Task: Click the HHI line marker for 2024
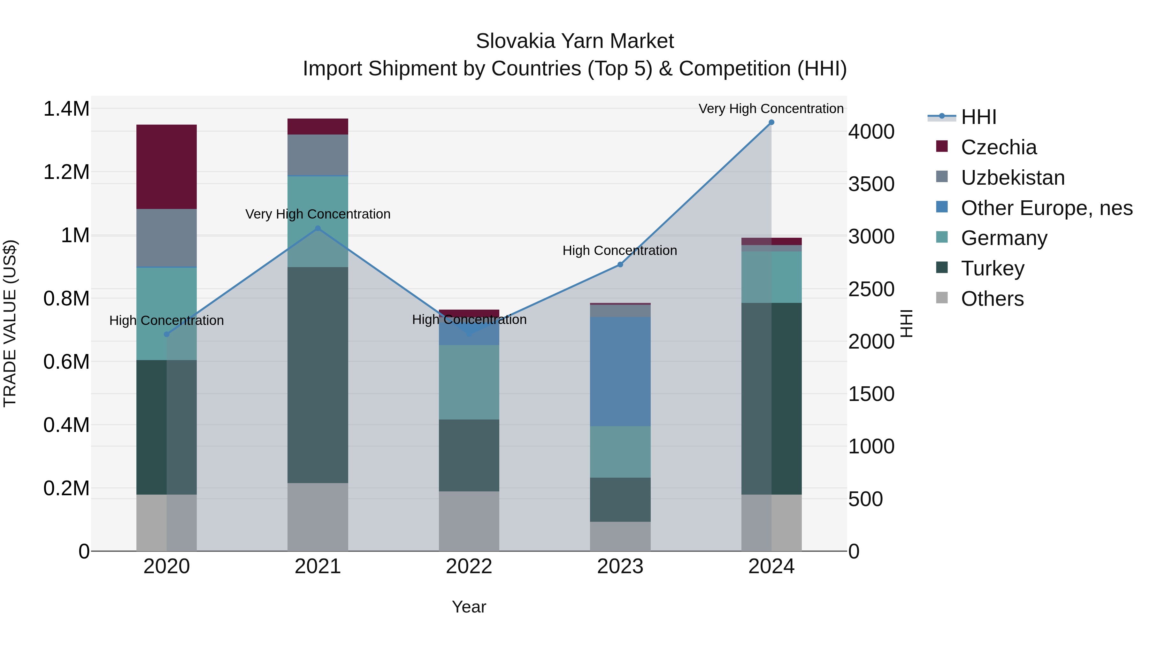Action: [771, 122]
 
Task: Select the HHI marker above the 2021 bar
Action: [318, 228]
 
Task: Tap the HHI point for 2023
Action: [620, 264]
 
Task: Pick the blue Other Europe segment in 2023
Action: [620, 372]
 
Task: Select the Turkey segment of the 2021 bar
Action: [318, 375]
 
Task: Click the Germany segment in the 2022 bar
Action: [469, 382]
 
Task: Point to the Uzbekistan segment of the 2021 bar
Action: [318, 155]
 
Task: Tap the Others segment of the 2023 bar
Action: [620, 536]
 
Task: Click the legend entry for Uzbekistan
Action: [1013, 178]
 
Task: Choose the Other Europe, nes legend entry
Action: [1046, 208]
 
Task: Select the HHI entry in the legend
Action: [978, 117]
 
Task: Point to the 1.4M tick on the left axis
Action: [66, 109]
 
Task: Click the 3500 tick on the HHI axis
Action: [871, 184]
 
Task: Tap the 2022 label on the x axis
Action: [469, 566]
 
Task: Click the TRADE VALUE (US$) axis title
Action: [10, 323]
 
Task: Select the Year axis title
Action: [469, 607]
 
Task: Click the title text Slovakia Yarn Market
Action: [575, 41]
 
